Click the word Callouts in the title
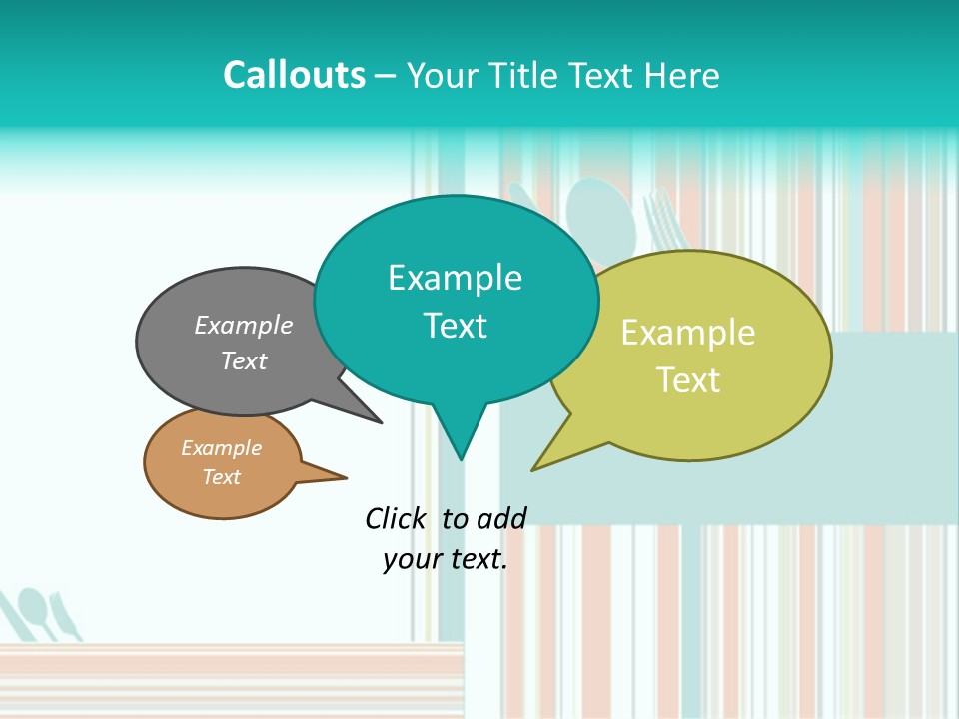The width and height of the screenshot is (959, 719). coord(294,75)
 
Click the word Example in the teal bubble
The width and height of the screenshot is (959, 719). coord(455,278)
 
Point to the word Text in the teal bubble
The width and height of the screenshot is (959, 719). coord(455,326)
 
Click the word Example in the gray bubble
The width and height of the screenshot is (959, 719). coord(244,325)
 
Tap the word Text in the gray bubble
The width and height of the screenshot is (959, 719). coord(244,360)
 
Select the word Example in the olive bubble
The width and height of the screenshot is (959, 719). coord(688,333)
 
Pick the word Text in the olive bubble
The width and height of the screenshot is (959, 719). coord(688,380)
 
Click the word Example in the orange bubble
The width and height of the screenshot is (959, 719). coord(221,448)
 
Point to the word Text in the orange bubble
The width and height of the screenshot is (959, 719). coord(221,477)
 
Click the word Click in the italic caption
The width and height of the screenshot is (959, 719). coord(398,518)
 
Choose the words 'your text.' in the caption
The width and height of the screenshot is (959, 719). coord(446,559)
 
